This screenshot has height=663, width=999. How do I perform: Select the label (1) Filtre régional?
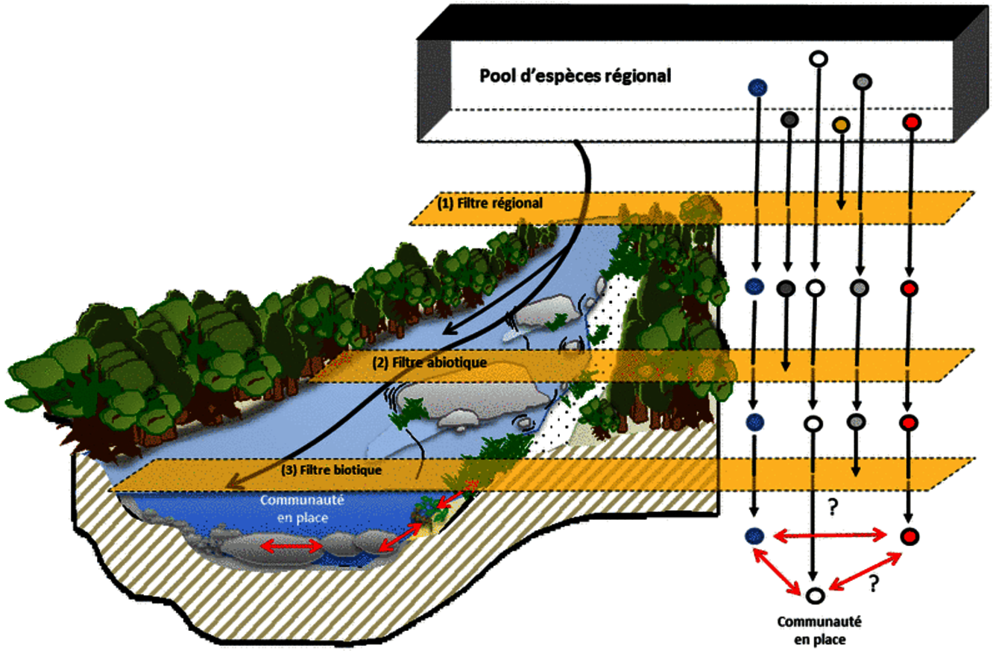(489, 202)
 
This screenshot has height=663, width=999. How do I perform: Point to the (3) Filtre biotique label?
(332, 471)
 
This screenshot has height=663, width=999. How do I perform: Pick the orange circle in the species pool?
(841, 125)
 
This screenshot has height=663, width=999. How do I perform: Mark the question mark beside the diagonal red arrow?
(870, 585)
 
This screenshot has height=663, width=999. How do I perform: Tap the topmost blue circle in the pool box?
(757, 87)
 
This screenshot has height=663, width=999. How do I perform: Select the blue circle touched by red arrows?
(755, 534)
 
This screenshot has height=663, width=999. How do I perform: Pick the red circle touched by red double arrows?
(908, 535)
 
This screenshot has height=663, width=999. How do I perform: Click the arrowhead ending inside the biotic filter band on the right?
(856, 471)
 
